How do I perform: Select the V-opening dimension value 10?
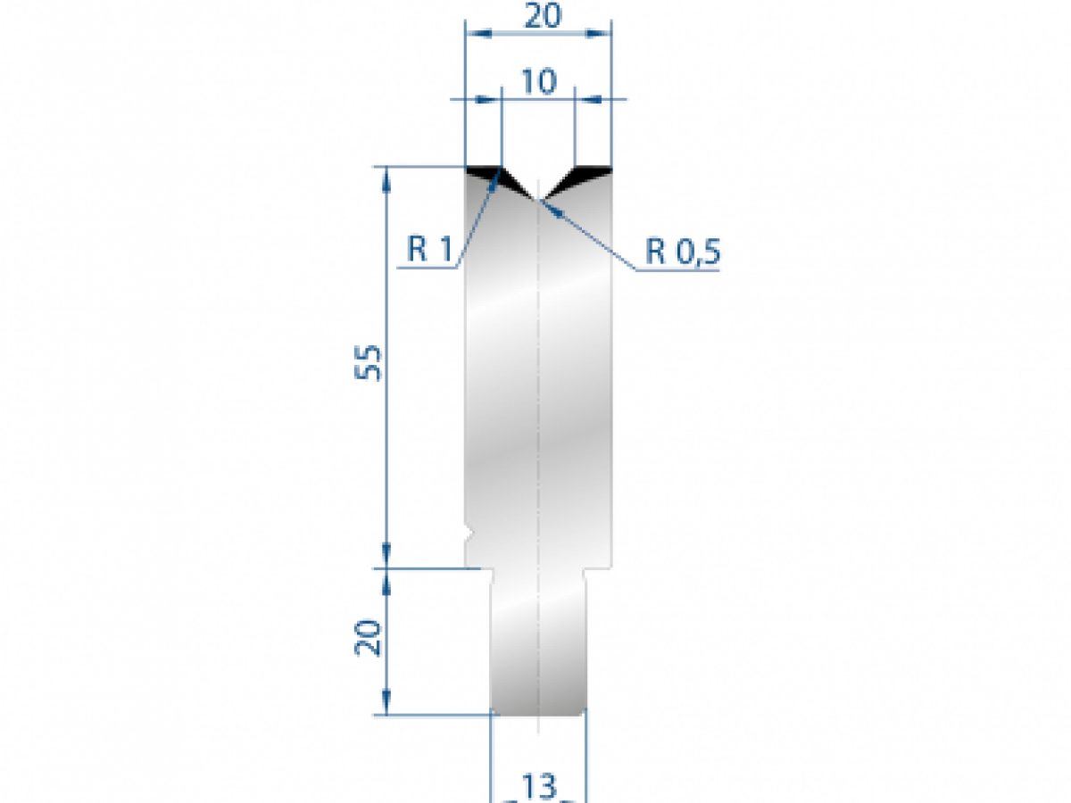[538, 81]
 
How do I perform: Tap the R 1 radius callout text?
[430, 251]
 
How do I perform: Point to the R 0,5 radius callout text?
[683, 253]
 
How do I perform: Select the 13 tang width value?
[539, 787]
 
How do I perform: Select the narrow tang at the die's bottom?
[539, 642]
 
